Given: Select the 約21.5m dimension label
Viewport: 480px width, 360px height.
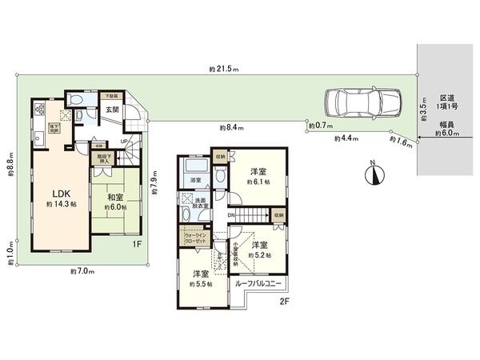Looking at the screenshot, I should (x=225, y=70).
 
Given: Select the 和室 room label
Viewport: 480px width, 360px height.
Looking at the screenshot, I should (x=111, y=200).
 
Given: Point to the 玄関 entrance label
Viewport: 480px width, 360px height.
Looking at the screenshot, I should (x=112, y=109).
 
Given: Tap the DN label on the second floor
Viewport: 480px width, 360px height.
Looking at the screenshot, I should (x=230, y=214).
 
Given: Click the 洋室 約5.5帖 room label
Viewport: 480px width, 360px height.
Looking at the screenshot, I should (x=198, y=278).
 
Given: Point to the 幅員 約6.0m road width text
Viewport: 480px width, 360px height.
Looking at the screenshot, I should (x=444, y=130).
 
